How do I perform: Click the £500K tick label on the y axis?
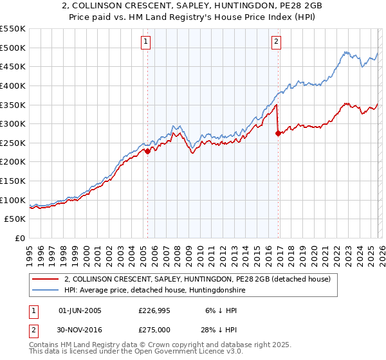point(13,48)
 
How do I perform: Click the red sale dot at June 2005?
point(147,152)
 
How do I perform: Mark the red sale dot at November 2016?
point(278,134)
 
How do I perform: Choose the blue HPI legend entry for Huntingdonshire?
point(154,291)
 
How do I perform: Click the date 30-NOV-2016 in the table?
point(80,328)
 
